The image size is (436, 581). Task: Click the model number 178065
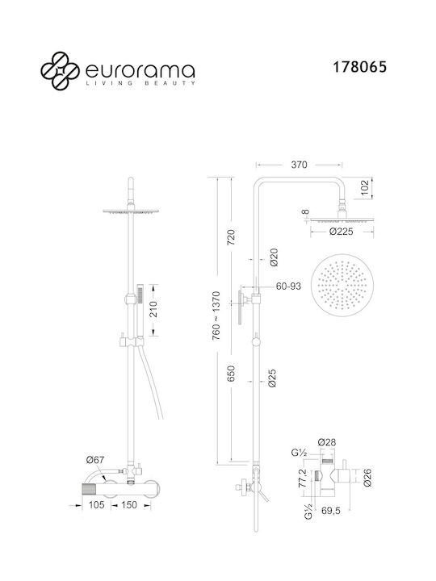(x=359, y=67)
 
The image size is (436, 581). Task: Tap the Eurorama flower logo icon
(x=60, y=71)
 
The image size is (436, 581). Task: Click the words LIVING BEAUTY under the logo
(x=140, y=83)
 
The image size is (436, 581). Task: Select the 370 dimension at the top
(x=299, y=165)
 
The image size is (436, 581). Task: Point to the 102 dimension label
(x=365, y=188)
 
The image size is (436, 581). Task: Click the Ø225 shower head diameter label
(x=341, y=232)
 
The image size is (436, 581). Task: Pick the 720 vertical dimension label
(x=231, y=237)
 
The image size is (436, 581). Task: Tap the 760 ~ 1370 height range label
(x=216, y=316)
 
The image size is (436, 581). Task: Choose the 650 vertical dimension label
(x=231, y=374)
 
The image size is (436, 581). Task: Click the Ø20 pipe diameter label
(x=274, y=257)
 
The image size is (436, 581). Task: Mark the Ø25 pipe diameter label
(x=272, y=378)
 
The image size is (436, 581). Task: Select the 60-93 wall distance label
(x=288, y=286)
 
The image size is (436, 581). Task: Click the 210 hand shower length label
(x=153, y=309)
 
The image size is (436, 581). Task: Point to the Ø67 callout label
(x=95, y=460)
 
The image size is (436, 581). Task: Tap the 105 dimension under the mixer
(x=96, y=504)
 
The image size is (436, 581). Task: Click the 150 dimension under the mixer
(x=128, y=504)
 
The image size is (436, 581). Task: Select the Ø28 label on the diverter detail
(x=327, y=442)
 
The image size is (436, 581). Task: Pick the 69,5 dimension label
(x=331, y=511)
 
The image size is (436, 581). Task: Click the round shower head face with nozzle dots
(x=342, y=286)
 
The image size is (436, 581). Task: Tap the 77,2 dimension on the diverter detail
(x=302, y=478)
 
